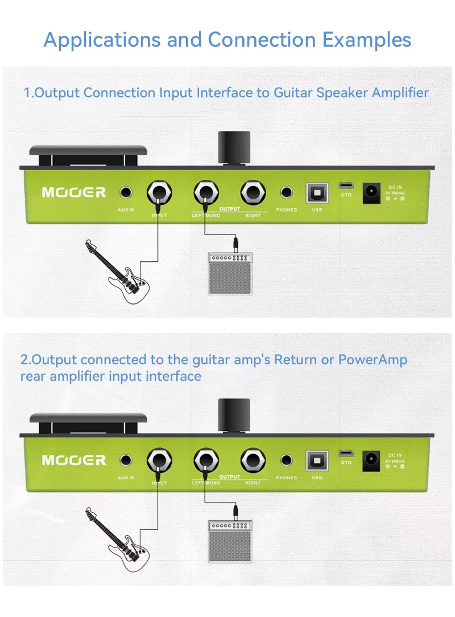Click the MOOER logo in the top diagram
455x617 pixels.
pyautogui.click(x=74, y=192)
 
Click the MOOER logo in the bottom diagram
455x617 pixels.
pyautogui.click(x=74, y=460)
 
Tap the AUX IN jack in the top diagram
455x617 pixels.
pyautogui.click(x=126, y=193)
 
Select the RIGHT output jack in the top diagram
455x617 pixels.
pyautogui.click(x=253, y=193)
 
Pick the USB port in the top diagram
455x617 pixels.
pyautogui.click(x=317, y=193)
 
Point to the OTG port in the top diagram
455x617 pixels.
pyautogui.click(x=346, y=186)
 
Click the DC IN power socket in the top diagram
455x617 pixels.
pyautogui.click(x=372, y=191)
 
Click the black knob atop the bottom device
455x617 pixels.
pyautogui.click(x=234, y=415)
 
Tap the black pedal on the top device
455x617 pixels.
pyautogui.click(x=89, y=152)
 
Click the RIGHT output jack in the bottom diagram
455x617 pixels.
pyautogui.click(x=253, y=460)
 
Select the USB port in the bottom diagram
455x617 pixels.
pyautogui.click(x=317, y=460)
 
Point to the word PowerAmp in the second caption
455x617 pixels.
pyautogui.click(x=373, y=360)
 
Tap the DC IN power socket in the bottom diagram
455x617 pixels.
pyautogui.click(x=372, y=459)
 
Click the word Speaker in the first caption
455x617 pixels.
pyautogui.click(x=342, y=92)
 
